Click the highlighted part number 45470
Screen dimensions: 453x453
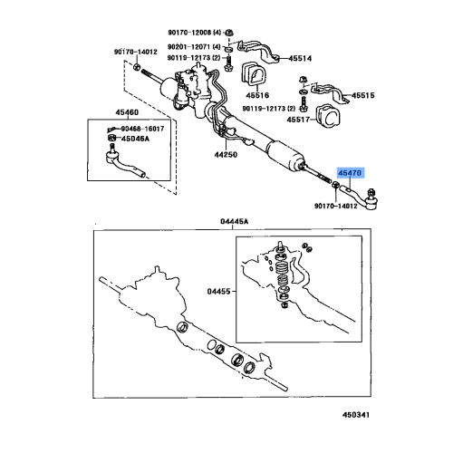pos(350,173)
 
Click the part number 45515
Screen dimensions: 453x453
pos(364,95)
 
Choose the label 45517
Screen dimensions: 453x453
pos(300,119)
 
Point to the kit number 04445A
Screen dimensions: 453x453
pos(234,221)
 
